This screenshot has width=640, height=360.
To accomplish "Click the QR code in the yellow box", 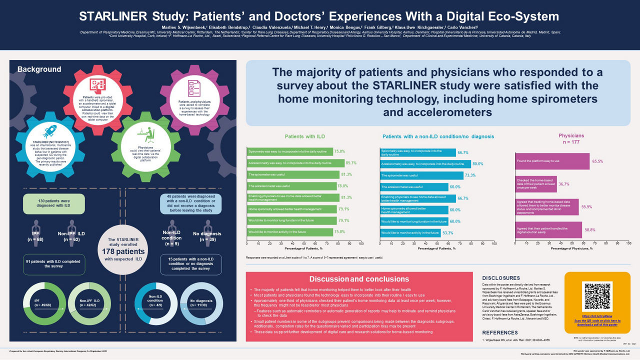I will [598, 296].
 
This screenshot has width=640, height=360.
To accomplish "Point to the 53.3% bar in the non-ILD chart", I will [410, 232].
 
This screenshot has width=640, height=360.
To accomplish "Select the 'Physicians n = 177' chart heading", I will [571, 138].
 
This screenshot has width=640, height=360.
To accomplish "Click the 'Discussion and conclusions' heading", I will [359, 279].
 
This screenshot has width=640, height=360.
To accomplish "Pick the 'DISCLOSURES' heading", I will [501, 278].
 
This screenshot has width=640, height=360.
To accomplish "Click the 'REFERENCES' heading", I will [500, 332].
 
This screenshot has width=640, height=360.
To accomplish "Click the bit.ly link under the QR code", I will [598, 316].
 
